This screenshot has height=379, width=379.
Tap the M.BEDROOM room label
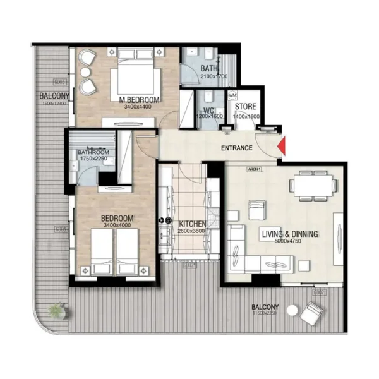[138, 100]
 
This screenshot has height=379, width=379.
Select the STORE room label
[245, 107]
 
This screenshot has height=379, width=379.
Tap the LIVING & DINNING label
[290, 234]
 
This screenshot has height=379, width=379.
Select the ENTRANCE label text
[237, 148]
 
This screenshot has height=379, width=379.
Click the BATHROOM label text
[93, 153]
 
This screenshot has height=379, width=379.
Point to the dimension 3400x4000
[118, 226]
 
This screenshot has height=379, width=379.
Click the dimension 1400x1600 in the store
[245, 116]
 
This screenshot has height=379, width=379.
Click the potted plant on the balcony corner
[57, 310]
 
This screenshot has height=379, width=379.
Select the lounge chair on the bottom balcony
[313, 311]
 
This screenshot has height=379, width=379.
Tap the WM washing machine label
[232, 95]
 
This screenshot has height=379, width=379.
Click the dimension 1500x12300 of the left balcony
[54, 102]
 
